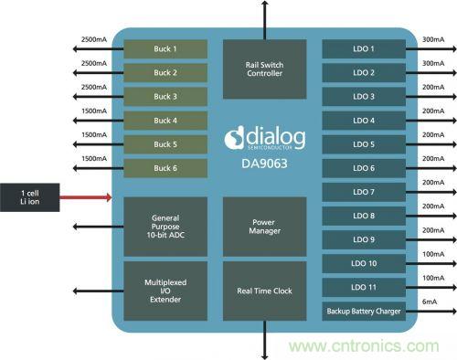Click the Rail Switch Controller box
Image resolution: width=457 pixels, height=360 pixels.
[x=265, y=68]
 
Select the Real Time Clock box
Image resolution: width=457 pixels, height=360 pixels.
[x=265, y=290]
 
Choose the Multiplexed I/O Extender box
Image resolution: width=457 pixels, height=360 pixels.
[x=165, y=290]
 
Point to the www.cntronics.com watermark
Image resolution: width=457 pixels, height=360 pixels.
[x=366, y=346]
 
